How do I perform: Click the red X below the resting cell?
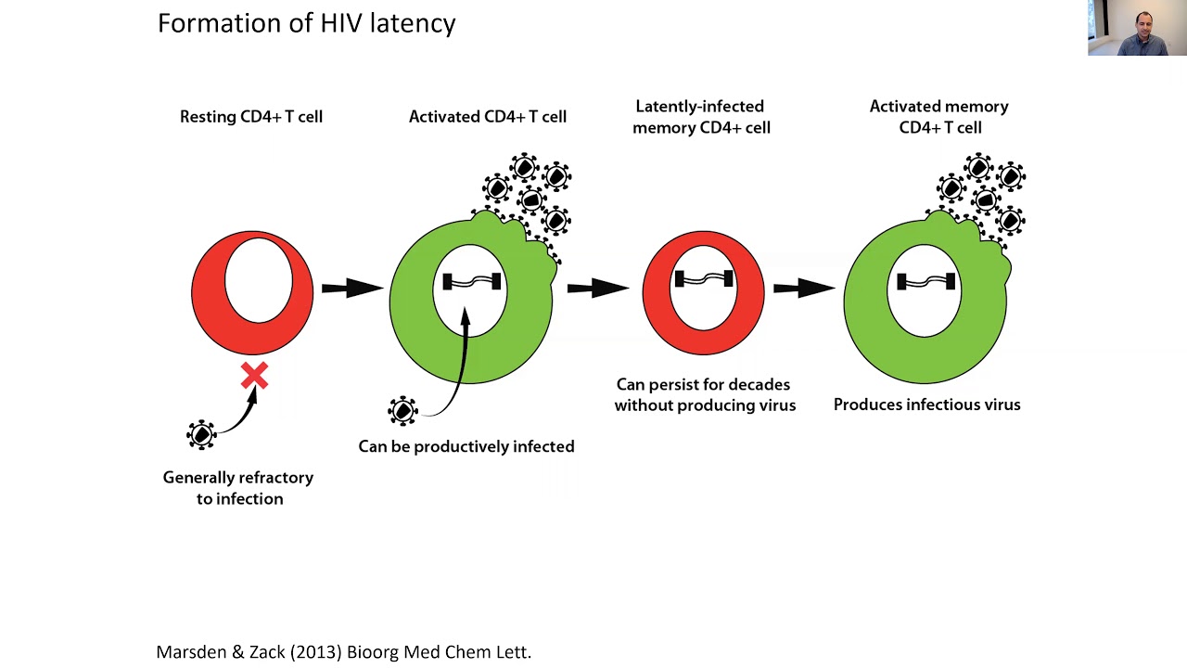click(254, 376)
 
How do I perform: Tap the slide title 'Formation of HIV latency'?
click(306, 23)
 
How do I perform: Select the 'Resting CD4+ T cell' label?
click(251, 117)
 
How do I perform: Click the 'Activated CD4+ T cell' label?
click(487, 117)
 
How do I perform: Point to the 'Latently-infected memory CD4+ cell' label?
click(701, 117)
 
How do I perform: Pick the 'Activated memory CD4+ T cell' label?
click(939, 117)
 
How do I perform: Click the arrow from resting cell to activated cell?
click(351, 288)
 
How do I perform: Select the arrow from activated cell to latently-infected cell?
click(597, 288)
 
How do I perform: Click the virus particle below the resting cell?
click(201, 434)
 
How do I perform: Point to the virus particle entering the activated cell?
click(402, 410)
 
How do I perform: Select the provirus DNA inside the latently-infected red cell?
click(704, 278)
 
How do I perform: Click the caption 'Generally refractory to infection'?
click(238, 488)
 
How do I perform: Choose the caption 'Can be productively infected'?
click(466, 446)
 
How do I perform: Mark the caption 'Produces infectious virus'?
click(926, 405)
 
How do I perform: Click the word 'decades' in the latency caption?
click(759, 384)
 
